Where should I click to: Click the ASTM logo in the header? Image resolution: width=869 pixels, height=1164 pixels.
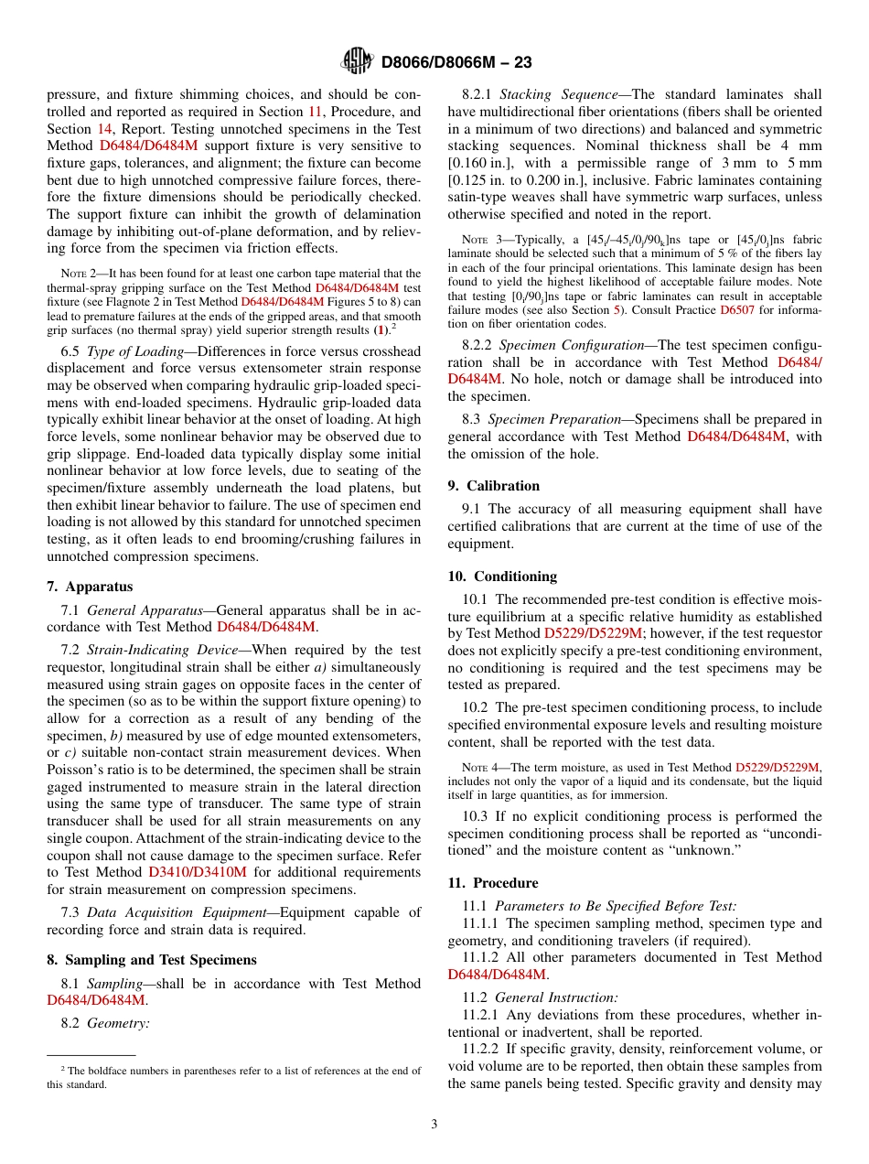click(x=357, y=61)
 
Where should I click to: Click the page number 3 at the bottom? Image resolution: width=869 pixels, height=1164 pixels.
click(x=434, y=1124)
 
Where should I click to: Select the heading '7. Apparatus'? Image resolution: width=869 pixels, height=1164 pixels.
click(x=90, y=587)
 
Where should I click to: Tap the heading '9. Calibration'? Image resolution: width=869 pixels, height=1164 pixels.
click(x=494, y=485)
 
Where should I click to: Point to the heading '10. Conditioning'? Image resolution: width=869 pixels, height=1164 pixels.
click(x=502, y=576)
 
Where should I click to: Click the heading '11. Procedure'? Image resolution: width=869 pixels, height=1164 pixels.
click(x=493, y=882)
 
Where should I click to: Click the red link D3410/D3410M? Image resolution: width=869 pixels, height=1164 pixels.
click(x=198, y=871)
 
